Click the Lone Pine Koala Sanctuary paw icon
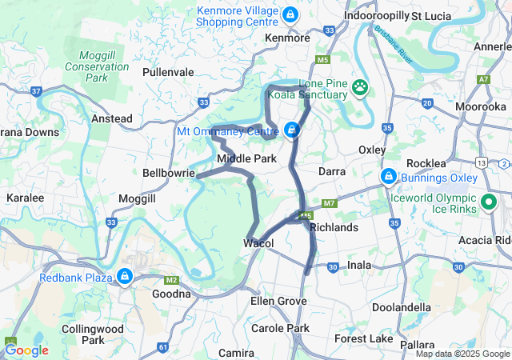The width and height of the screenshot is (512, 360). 362,86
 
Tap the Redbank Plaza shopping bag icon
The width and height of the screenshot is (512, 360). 124,277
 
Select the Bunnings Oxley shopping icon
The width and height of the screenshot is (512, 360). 388,175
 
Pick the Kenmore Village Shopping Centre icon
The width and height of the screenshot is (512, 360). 290,14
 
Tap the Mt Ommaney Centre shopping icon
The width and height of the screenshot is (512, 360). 292,130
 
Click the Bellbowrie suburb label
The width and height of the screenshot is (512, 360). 169,172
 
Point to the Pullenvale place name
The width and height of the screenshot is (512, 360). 168,72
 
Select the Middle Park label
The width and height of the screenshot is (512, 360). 246,158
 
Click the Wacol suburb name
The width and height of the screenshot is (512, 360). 258,243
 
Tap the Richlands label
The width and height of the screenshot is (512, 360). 334,228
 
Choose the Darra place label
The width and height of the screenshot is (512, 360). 331,171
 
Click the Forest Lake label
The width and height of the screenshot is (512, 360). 364,339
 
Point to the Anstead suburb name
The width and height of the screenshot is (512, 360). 112,118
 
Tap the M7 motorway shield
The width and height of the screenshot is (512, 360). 330,204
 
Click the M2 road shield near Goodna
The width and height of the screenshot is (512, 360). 170,280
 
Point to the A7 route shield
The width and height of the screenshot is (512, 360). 483,80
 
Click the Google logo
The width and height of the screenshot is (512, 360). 26,350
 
